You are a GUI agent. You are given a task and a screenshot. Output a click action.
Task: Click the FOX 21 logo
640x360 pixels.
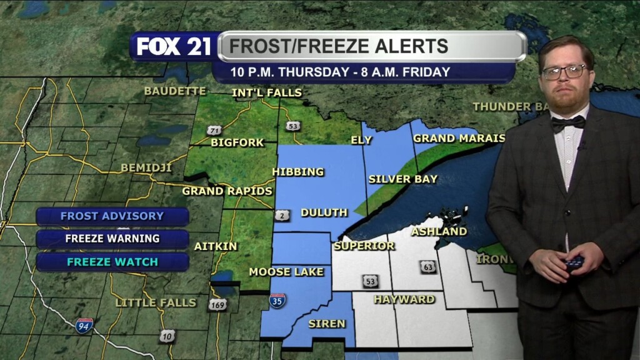click(174, 46)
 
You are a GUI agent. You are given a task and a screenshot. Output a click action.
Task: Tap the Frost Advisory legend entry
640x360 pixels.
click(112, 216)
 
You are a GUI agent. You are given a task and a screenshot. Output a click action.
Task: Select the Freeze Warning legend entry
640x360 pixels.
click(112, 239)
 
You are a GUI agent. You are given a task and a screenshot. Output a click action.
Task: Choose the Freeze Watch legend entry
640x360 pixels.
click(112, 261)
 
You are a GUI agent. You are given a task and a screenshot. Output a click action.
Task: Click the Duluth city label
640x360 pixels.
click(324, 212)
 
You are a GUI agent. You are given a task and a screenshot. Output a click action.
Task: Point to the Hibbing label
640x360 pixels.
click(298, 172)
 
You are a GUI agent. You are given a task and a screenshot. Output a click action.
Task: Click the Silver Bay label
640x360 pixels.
click(402, 179)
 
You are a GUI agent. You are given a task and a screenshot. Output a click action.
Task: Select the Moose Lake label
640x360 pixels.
click(286, 272)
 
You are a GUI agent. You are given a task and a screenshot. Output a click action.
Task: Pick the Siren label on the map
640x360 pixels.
click(326, 323)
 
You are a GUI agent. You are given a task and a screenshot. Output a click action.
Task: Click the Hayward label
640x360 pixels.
click(404, 299)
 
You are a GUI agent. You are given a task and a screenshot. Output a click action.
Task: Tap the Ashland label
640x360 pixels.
click(439, 231)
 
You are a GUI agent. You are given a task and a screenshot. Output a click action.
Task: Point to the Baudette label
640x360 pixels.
click(174, 91)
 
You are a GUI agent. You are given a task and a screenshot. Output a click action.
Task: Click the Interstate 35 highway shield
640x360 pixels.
click(277, 301)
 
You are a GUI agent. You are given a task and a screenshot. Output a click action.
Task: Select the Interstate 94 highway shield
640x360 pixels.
click(84, 325)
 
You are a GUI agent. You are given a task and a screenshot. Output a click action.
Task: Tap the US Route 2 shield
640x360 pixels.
click(282, 216)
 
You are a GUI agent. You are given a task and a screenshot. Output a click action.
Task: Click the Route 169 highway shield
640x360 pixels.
click(217, 305)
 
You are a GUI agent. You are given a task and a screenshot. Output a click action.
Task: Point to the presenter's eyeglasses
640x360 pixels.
click(564, 72)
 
